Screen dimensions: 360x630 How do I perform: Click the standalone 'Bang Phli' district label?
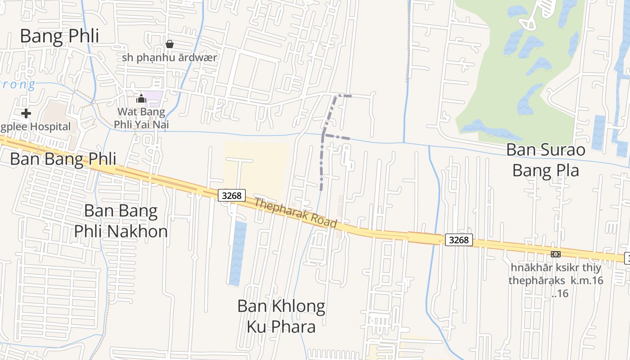[59, 36]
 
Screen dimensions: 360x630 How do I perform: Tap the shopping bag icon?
[170, 44]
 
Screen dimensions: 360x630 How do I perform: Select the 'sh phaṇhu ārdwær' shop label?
[170, 58]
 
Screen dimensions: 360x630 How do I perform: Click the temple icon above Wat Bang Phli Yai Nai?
[141, 99]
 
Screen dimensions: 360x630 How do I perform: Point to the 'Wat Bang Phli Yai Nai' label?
[141, 117]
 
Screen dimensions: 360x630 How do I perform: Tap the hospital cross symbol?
[26, 113]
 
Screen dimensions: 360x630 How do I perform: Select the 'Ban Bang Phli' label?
[63, 159]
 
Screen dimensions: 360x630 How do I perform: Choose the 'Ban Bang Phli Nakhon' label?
[121, 221]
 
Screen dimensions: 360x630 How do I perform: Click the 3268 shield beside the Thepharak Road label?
[232, 195]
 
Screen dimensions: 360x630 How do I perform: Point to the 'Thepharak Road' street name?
[295, 212]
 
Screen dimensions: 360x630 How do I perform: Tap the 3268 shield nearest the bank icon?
[459, 240]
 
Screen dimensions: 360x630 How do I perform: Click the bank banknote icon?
[556, 254]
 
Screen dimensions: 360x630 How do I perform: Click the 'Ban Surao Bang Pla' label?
[546, 160]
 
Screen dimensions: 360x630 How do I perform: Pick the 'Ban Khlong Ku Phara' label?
[281, 316]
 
